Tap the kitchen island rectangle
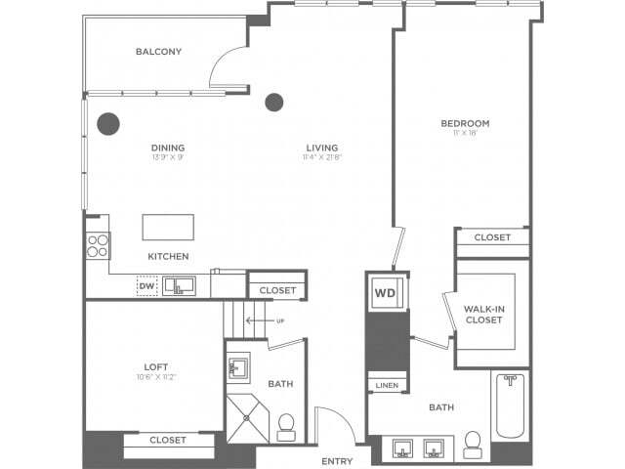click(x=168, y=227)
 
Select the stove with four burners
click(x=97, y=244)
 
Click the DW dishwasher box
click(x=147, y=285)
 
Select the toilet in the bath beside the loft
click(x=287, y=425)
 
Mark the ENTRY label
click(x=337, y=460)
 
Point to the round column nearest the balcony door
click(x=274, y=102)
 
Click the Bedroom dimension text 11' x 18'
click(x=465, y=133)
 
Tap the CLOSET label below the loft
click(x=168, y=441)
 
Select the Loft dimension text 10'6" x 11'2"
click(x=150, y=377)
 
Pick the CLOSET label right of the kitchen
click(x=277, y=290)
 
